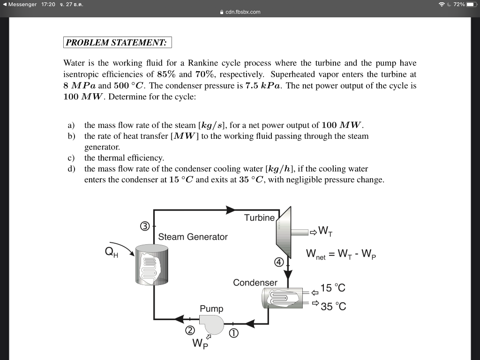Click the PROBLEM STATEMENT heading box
(117, 43)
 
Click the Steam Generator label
(193, 237)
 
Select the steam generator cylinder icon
(151, 265)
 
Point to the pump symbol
(211, 322)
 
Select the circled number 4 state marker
(279, 262)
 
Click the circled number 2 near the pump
(189, 330)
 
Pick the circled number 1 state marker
(233, 333)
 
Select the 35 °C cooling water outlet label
(333, 307)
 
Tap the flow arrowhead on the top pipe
(230, 210)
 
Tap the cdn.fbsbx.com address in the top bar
(242, 12)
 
